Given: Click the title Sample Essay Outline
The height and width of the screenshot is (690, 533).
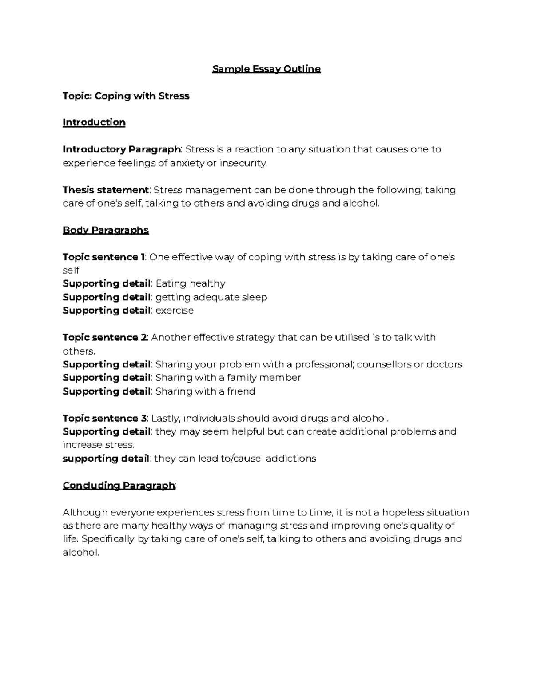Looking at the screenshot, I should tap(266, 69).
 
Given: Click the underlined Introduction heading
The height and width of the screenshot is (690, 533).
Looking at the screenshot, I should tap(94, 122).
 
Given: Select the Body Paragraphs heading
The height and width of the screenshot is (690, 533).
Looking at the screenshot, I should tap(106, 230).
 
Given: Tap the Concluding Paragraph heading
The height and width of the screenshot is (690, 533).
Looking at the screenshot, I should tap(119, 485).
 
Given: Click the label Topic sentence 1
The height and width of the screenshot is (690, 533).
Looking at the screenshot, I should tap(103, 257).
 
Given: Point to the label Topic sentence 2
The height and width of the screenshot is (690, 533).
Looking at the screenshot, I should tap(104, 337).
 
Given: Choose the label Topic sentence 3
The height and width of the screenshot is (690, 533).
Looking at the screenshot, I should tap(104, 418).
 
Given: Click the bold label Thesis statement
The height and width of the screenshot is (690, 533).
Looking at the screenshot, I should tap(105, 190).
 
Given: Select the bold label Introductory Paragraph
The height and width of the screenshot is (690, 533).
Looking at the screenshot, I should tap(121, 149).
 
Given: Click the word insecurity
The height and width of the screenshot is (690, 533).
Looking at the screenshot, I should tap(244, 163).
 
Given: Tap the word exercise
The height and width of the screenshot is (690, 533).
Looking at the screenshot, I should tap(175, 310).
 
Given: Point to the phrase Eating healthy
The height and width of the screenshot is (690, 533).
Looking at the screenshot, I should tap(190, 283).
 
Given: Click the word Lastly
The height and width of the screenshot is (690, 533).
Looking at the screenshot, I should tap(166, 418).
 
